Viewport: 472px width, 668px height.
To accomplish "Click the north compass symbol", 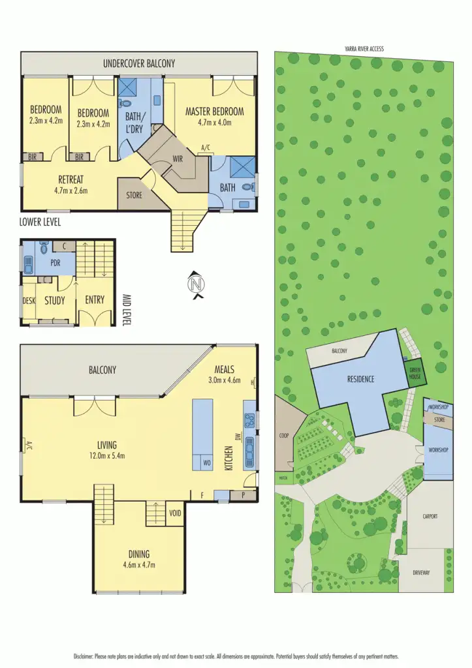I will pos(195,285).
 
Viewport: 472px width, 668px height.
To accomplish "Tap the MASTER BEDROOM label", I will pos(214,111).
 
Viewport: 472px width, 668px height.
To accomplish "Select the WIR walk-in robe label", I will pos(177,159).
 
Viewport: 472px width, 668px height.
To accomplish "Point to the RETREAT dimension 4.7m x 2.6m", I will pos(72,190).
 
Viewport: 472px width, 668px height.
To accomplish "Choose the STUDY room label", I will pos(55,300).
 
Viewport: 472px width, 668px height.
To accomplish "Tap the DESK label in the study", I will pos(29,300).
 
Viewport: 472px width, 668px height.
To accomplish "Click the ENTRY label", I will pos(95,300).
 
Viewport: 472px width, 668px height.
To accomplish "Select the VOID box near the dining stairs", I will pos(175,512).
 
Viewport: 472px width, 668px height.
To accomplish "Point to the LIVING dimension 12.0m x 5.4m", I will pos(106,457).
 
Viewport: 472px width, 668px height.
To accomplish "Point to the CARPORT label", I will pos(429,517).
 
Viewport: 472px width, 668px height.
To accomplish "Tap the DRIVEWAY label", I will pos(421,573).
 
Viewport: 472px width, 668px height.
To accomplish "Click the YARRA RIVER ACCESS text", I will pos(364,48).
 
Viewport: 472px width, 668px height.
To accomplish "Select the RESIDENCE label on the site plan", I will pos(360,378).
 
